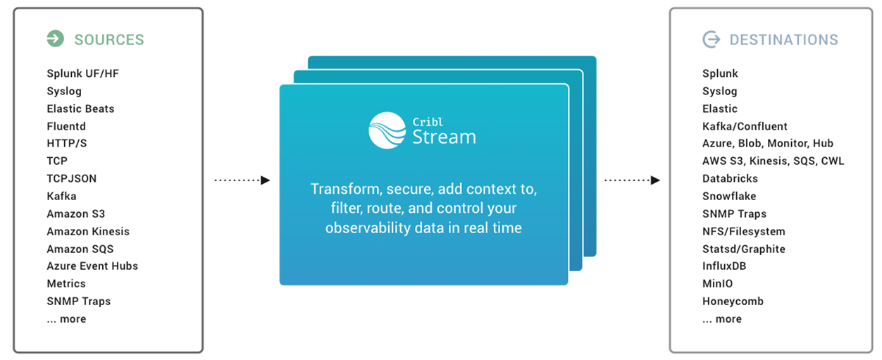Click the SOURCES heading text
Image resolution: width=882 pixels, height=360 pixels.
[x=109, y=39]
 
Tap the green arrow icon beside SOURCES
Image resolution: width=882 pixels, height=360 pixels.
[x=55, y=39]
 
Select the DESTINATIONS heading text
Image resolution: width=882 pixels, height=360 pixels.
[x=783, y=39]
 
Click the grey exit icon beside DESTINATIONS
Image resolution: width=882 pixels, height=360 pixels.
[x=712, y=39]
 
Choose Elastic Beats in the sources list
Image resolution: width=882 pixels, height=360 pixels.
[x=80, y=108]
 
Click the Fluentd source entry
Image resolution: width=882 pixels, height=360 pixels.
[x=66, y=126]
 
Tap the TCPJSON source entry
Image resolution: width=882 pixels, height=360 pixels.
[x=71, y=178]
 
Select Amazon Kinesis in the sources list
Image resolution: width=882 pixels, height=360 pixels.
[x=88, y=231]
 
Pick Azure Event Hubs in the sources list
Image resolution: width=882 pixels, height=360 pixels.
[x=92, y=266]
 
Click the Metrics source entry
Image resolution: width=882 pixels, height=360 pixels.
[x=66, y=283]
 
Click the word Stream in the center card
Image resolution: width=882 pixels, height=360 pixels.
[x=444, y=136]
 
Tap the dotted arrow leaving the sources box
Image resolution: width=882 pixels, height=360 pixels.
[x=242, y=180]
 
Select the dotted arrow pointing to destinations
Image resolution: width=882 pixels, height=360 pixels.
[x=632, y=180]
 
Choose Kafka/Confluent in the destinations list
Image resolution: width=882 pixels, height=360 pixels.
[x=745, y=126]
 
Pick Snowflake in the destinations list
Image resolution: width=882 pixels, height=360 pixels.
[x=729, y=196]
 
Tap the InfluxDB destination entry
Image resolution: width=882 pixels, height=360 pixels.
[x=724, y=266]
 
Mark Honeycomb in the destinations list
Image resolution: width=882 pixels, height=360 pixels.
[x=733, y=301]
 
